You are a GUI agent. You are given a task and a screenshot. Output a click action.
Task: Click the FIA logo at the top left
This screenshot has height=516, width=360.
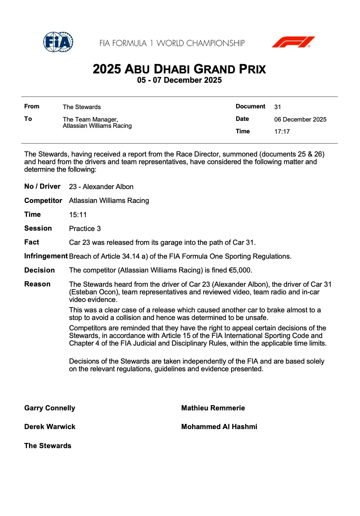58,42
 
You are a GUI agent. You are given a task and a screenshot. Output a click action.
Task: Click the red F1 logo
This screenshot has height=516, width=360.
293,42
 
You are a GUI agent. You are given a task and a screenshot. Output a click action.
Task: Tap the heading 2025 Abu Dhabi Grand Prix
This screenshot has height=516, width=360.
179,69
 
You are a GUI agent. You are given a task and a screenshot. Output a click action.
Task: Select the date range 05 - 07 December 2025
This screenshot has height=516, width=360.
179,80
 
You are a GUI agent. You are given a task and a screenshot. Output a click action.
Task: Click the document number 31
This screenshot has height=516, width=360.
278,107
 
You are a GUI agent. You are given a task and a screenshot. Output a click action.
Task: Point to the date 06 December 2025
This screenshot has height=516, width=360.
300,119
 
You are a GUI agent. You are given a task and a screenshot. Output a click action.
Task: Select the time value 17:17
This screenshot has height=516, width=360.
282,132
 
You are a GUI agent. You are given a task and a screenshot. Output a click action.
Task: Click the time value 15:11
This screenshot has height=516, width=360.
78,215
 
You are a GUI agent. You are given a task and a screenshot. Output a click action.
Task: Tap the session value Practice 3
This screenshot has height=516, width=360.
85,229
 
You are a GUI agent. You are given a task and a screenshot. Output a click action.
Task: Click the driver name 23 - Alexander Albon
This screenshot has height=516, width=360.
101,187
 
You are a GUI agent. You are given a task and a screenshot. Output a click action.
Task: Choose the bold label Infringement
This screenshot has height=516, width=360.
46,256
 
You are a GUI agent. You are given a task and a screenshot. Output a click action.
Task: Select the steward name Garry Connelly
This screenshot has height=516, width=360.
49,408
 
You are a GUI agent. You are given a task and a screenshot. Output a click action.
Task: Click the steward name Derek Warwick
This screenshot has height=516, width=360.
49,427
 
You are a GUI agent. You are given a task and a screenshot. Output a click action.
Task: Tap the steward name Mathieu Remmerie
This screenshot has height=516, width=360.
213,408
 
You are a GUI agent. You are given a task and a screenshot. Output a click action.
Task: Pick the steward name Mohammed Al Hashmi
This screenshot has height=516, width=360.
219,427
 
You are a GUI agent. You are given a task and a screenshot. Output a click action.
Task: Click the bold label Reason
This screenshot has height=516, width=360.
37,284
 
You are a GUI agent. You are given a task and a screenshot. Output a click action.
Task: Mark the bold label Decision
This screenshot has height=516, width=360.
39,270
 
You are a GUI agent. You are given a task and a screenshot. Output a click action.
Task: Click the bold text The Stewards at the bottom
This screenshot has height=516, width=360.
48,446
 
